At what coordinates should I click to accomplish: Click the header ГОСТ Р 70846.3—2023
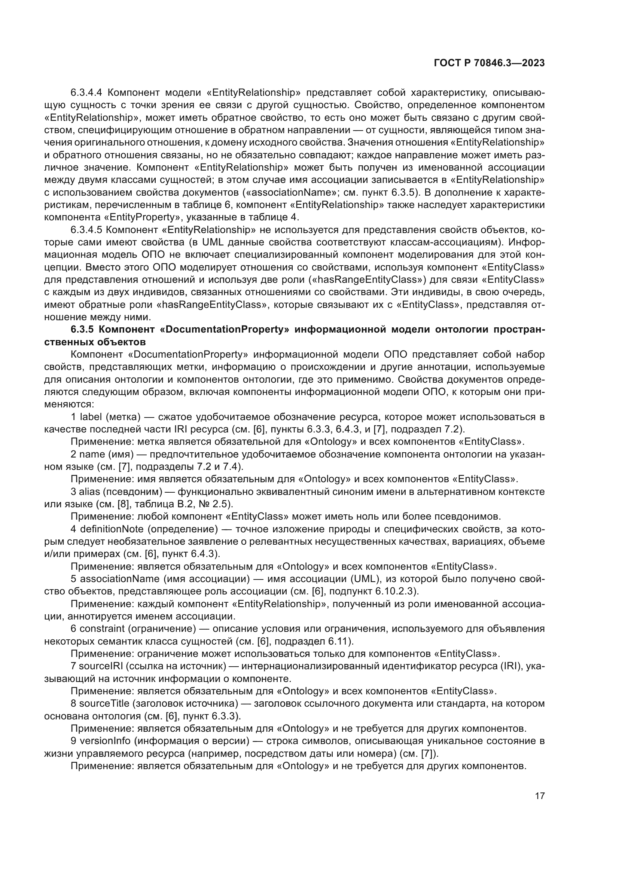pos(489,63)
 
